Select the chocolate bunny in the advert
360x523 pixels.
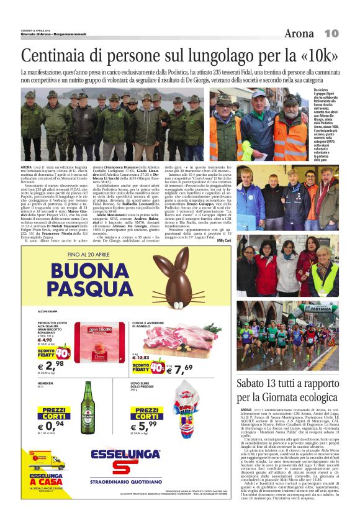tap(180, 279)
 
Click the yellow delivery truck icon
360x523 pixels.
tap(46, 462)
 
